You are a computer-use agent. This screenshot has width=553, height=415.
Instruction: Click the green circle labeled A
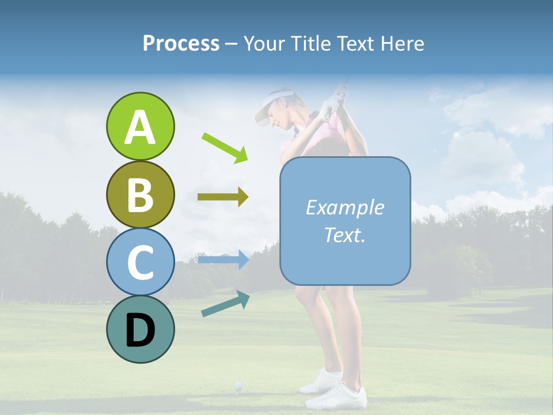(140, 126)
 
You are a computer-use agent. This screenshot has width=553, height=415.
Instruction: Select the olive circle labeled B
(140, 194)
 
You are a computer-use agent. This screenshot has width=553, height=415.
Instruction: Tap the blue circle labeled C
(140, 262)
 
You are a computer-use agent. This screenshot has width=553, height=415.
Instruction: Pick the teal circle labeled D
(140, 329)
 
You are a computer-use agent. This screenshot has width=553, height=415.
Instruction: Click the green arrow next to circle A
(225, 147)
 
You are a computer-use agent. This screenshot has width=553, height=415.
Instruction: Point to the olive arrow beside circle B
(223, 197)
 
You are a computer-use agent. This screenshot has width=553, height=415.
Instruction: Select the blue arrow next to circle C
(223, 259)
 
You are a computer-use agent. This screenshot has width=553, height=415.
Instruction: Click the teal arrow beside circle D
(225, 303)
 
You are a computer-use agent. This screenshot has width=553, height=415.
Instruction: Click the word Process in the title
(181, 43)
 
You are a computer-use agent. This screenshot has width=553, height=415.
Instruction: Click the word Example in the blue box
(344, 207)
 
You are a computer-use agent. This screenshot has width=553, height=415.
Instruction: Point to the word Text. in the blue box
(344, 235)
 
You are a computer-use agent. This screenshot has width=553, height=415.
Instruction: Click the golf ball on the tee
(237, 384)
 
